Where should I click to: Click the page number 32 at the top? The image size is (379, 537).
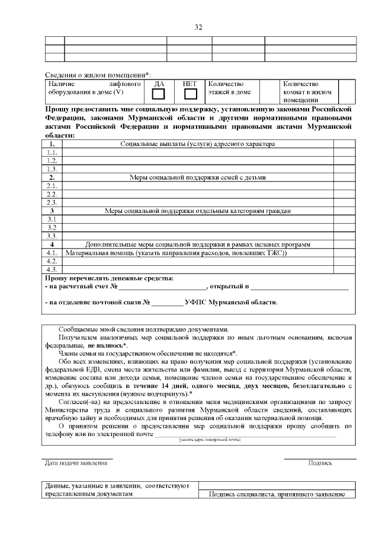(198, 27)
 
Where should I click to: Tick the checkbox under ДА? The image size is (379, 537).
(159, 94)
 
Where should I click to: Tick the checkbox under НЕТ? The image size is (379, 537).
(190, 94)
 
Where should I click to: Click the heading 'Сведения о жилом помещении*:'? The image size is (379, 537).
(98, 75)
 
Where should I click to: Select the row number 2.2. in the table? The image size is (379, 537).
(52, 193)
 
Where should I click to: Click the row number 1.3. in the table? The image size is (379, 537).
(52, 169)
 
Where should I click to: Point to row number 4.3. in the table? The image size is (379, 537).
(52, 269)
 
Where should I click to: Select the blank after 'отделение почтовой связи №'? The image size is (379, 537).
(166, 303)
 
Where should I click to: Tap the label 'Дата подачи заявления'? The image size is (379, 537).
(77, 463)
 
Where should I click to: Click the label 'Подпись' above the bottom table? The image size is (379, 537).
(320, 463)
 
